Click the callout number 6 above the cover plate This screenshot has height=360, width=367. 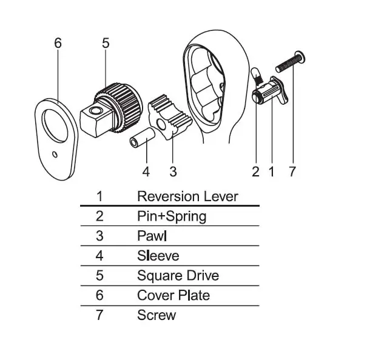point(58,44)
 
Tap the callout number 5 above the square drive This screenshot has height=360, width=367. point(106,44)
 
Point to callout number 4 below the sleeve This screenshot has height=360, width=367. point(146,172)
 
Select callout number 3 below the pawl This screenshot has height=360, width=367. point(173,172)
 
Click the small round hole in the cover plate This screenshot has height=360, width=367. point(55,154)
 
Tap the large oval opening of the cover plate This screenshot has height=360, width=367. point(56,124)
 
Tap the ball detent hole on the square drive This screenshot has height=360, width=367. point(96,110)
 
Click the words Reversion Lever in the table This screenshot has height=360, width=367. point(187,196)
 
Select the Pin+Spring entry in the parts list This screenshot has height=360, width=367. point(172,216)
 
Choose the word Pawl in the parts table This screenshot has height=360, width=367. point(152,236)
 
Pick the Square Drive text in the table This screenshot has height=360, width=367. point(178,276)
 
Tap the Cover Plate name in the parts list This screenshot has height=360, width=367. point(173,295)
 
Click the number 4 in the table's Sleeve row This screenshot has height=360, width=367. point(100,256)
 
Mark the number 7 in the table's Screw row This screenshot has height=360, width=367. point(100,315)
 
